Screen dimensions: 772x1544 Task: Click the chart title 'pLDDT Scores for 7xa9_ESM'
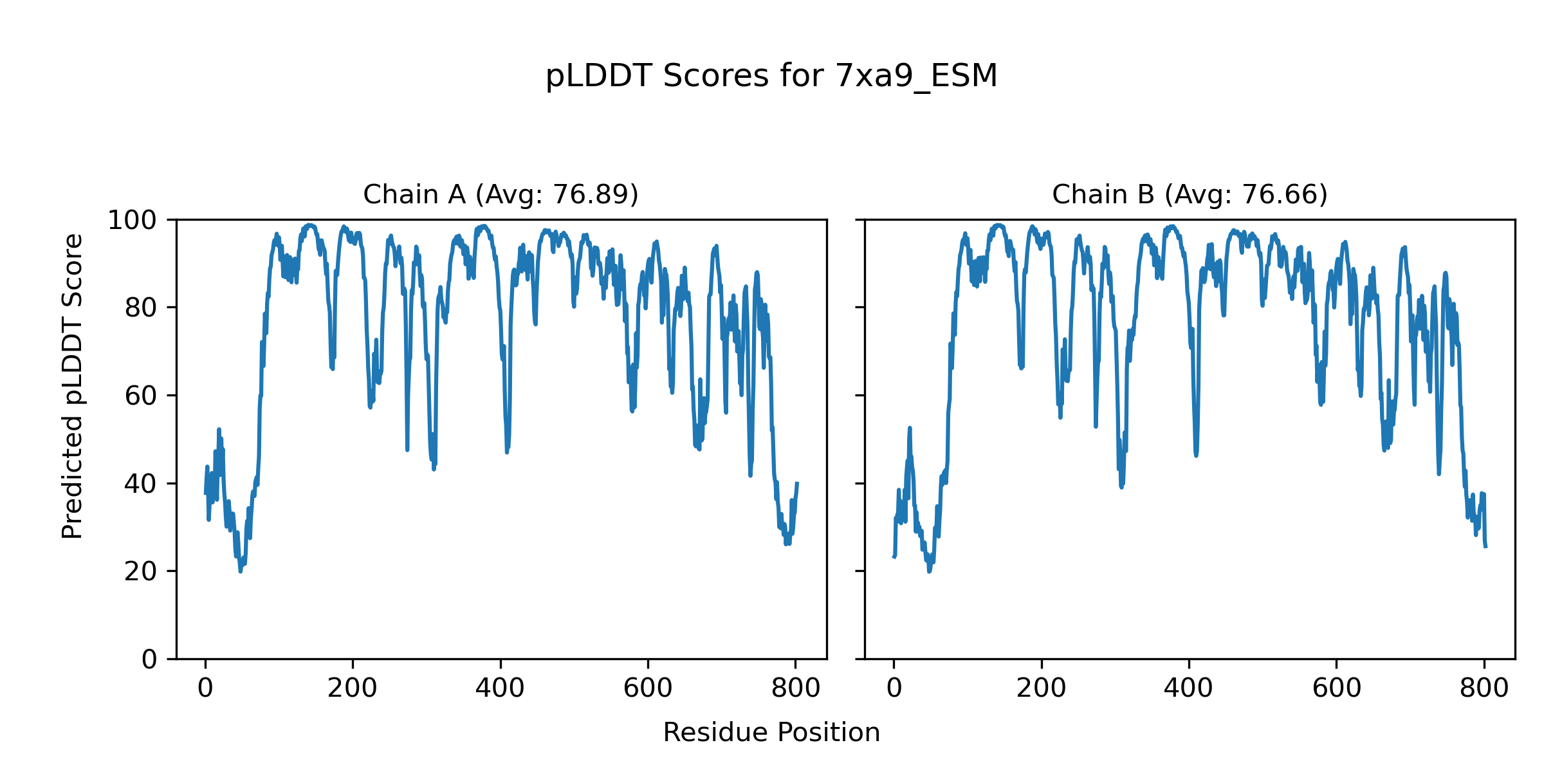click(x=771, y=77)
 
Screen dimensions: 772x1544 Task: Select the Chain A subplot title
click(x=501, y=194)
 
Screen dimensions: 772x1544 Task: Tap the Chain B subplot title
click(x=1190, y=194)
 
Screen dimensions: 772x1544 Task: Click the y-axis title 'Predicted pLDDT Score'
click(x=72, y=386)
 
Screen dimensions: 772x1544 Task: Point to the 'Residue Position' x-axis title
click(x=771, y=733)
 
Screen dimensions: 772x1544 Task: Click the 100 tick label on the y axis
click(x=132, y=221)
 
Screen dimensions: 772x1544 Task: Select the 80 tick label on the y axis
click(x=141, y=308)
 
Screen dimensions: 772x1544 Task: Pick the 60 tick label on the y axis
click(x=141, y=396)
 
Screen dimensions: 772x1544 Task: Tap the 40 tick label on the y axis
click(x=141, y=484)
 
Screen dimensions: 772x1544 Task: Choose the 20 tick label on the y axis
click(x=141, y=571)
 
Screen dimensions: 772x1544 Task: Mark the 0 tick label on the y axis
click(x=149, y=659)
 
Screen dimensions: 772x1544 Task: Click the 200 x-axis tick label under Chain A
click(x=353, y=688)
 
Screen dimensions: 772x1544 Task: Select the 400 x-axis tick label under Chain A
click(x=500, y=688)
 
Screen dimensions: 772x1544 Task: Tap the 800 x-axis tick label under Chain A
click(x=795, y=688)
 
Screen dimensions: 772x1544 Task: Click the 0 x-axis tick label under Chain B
click(x=894, y=688)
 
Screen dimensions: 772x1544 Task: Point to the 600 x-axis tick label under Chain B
click(x=1336, y=688)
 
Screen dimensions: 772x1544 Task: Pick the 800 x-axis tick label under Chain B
click(x=1484, y=688)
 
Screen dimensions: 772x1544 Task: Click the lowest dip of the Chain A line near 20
click(x=241, y=571)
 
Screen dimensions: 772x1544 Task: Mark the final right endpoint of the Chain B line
click(x=1485, y=547)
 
